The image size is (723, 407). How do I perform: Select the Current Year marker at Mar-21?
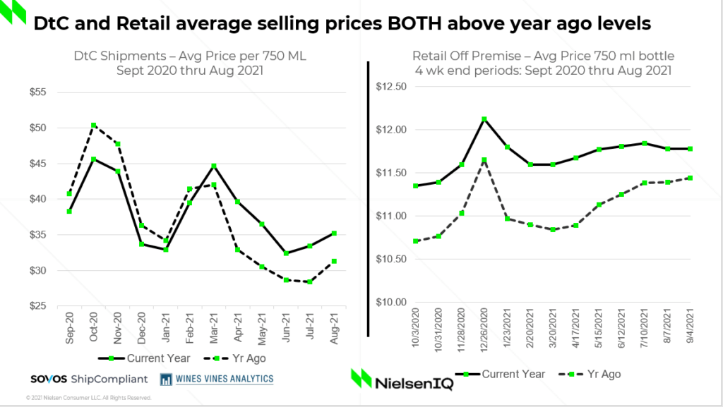pos(214,166)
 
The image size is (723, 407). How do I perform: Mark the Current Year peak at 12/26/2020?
pos(484,119)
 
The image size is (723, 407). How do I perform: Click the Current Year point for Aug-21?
pos(334,233)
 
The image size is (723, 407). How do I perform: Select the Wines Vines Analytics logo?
pos(217,379)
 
